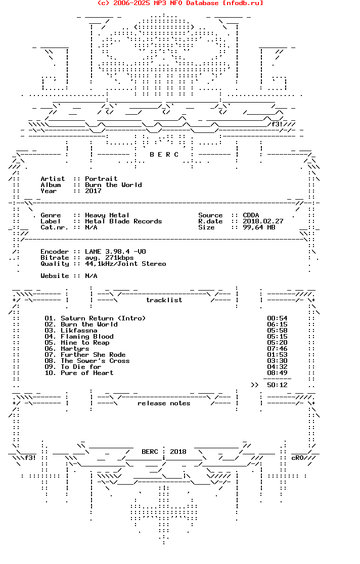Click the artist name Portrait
pyautogui.click(x=101, y=179)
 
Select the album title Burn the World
pyautogui.click(x=113, y=185)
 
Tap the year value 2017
pyautogui.click(x=93, y=191)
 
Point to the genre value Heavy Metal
pyautogui.click(x=107, y=215)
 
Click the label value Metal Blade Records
pyautogui.click(x=123, y=221)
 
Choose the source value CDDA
pyautogui.click(x=251, y=215)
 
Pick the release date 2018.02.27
pyautogui.click(x=263, y=221)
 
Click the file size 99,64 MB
pyautogui.click(x=259, y=227)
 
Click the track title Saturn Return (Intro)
pyautogui.click(x=103, y=318)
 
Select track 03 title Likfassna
pyautogui.click(x=79, y=331)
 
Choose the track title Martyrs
pyautogui.click(x=75, y=349)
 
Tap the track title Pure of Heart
pyautogui.click(x=87, y=373)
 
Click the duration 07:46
pyautogui.click(x=277, y=349)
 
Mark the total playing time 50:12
pyautogui.click(x=277, y=385)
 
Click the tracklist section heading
pyautogui.click(x=164, y=300)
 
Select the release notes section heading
pyautogui.click(x=164, y=403)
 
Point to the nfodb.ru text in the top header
pyautogui.click(x=243, y=3)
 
